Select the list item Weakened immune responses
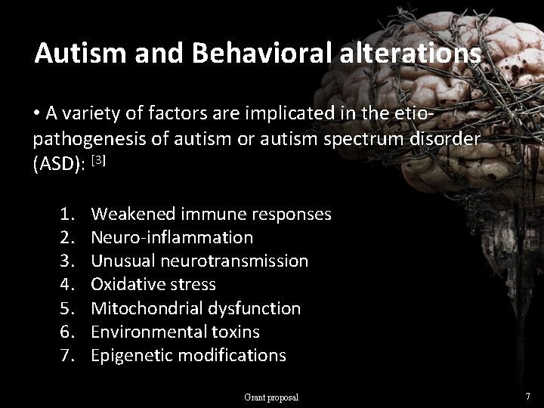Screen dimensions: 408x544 211,214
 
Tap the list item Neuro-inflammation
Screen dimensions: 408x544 172,237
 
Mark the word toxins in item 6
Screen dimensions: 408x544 234,332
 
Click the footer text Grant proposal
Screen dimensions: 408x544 271,397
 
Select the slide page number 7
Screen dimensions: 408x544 527,396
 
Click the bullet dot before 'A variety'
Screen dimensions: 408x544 37,114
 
